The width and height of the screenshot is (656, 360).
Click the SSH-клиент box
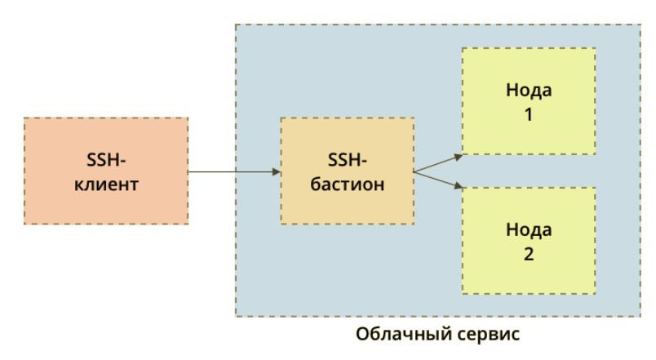point(106,171)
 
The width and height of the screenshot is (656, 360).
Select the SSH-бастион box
point(347,171)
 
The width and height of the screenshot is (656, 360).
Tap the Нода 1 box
point(528,100)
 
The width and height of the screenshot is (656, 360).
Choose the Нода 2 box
point(528,241)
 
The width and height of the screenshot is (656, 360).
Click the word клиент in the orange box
point(106,184)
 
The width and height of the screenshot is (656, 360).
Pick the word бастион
point(347,184)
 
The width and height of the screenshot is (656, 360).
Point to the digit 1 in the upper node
point(528,115)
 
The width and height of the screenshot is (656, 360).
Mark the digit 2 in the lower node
point(528,255)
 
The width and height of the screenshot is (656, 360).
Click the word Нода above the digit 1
point(528,90)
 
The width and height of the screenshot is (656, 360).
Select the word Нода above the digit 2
point(528,229)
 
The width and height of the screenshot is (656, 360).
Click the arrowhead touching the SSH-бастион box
point(276,171)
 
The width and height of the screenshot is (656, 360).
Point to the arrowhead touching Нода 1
point(459,153)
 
